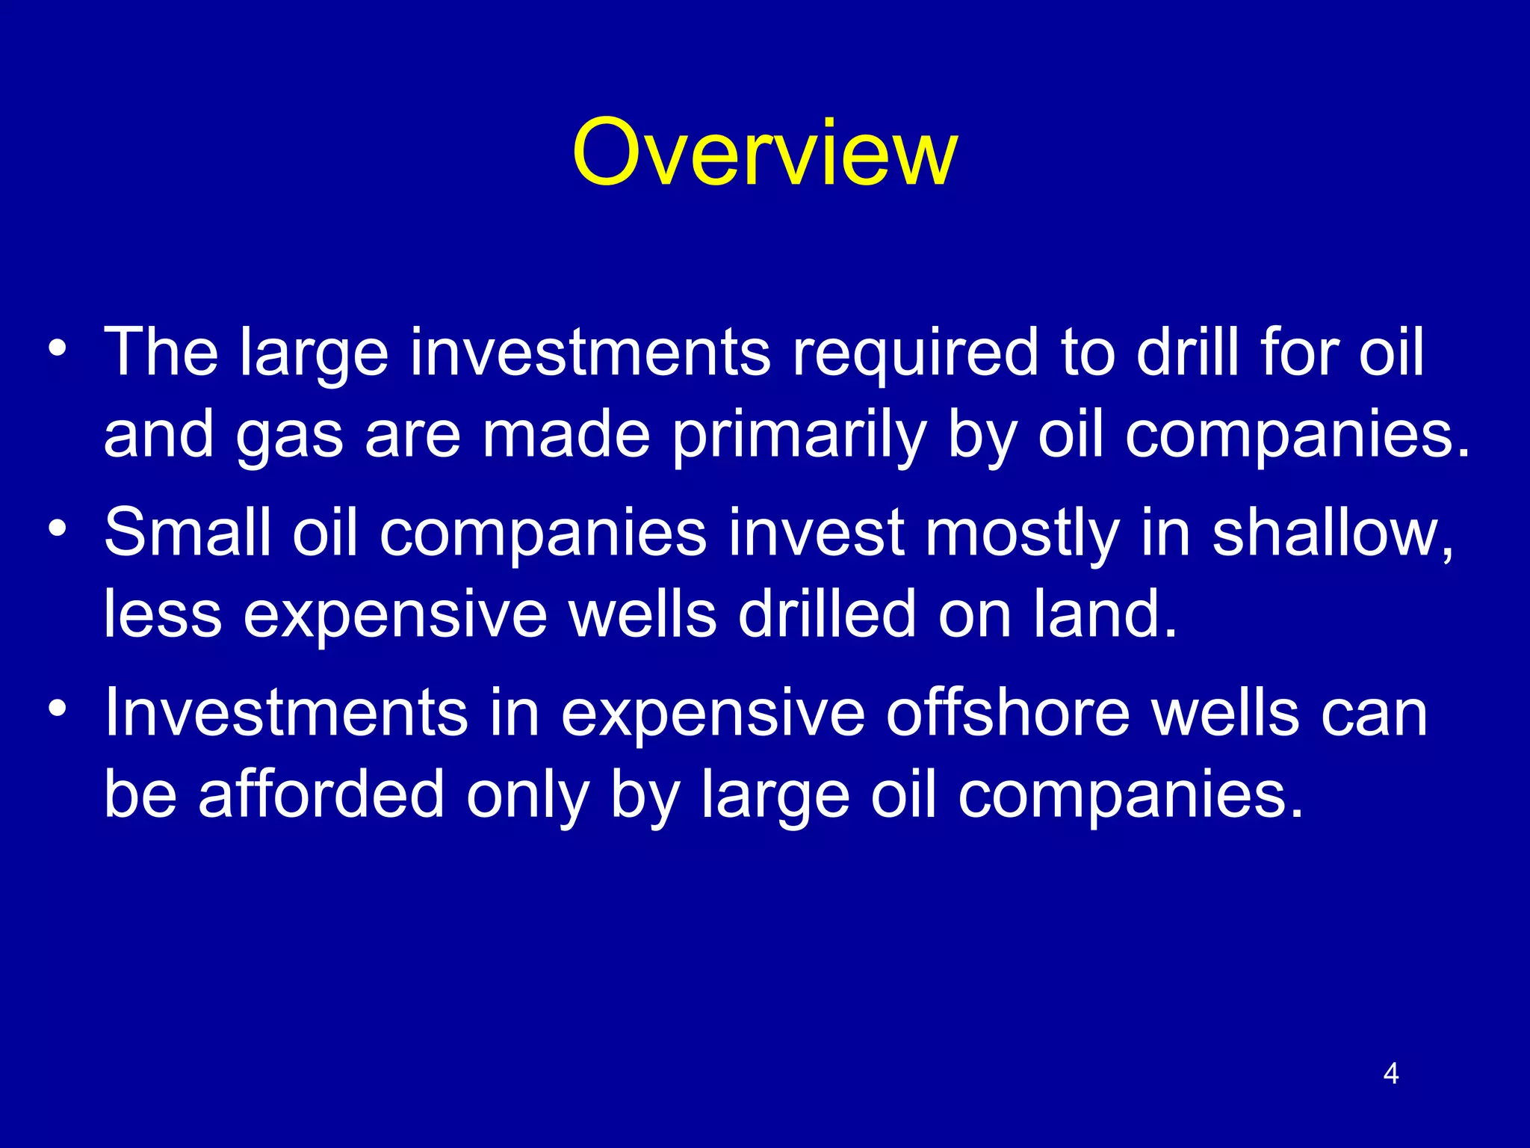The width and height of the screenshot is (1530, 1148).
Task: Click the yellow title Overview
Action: click(764, 153)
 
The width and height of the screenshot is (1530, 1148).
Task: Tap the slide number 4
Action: click(1390, 1074)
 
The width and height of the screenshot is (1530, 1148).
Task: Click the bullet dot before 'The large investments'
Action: click(58, 348)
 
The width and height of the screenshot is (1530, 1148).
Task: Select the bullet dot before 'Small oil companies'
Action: click(58, 528)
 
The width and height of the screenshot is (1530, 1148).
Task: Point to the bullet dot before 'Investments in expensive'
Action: click(58, 708)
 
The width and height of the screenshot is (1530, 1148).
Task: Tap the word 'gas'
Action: click(289, 437)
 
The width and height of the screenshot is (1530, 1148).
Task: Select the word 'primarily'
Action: click(799, 437)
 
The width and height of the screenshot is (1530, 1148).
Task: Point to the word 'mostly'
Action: click(1022, 534)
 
